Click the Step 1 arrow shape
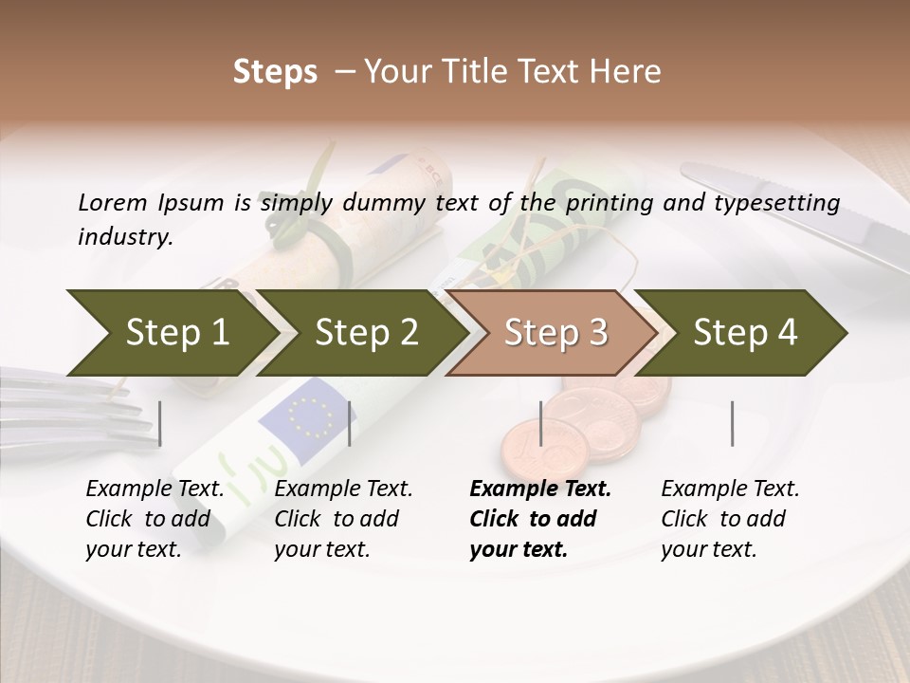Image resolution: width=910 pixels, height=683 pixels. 176,333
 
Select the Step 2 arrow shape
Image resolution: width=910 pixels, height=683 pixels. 366,333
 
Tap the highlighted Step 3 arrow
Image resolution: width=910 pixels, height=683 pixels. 555,333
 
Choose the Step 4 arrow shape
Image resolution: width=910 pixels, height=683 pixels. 745,333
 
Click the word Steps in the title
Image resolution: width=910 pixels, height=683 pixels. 275,72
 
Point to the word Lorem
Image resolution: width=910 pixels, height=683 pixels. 111,202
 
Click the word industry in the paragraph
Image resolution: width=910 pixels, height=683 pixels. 124,237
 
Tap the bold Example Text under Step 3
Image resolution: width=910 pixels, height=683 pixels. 540,489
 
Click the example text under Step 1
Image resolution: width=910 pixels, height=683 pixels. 155,519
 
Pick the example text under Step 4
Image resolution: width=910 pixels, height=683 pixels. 730,519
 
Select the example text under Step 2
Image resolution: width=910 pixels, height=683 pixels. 343,519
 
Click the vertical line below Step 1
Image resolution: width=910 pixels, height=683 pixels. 160,423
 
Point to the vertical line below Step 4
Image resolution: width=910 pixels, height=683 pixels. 733,423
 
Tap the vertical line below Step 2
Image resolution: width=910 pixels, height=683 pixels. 350,423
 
